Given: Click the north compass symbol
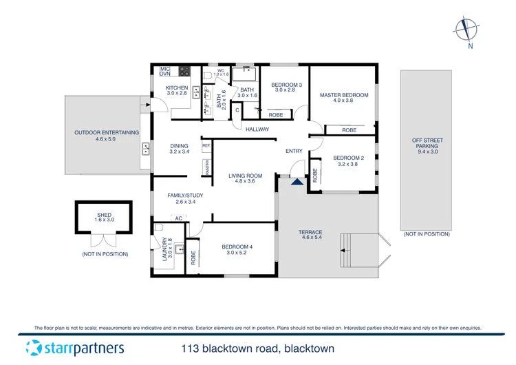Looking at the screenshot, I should [x=466, y=30].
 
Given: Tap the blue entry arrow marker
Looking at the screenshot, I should [x=297, y=181].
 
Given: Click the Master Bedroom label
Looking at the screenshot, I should [x=343, y=95].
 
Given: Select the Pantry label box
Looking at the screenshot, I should [x=206, y=167].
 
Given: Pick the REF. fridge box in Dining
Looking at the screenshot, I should [x=206, y=147].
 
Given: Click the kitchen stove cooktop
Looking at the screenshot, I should [x=184, y=70].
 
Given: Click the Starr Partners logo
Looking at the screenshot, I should [x=74, y=348].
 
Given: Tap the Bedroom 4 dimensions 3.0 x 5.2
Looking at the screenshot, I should [x=237, y=253].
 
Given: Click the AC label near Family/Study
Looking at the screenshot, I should [x=178, y=218].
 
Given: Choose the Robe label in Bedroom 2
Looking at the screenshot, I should [x=315, y=174].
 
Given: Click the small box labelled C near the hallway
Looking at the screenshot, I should [x=237, y=110].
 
